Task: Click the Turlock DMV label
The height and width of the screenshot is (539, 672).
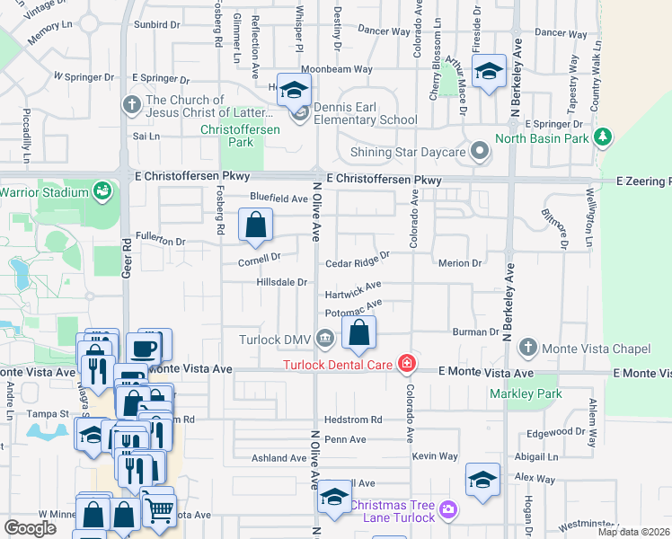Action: point(275,340)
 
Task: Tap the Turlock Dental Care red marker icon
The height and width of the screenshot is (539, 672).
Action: point(407,364)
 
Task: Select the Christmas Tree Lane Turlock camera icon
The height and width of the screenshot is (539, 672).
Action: point(448,510)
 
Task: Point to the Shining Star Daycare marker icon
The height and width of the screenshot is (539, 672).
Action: point(480,152)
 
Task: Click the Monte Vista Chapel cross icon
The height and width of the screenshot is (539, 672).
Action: point(529,347)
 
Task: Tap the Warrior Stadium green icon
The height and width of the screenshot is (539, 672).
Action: point(102,191)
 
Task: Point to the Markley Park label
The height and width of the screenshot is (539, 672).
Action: point(524,394)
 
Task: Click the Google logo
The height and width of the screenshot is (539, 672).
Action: point(30,528)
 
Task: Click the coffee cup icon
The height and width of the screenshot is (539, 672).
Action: point(143,349)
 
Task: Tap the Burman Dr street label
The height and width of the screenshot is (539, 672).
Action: point(475,331)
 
